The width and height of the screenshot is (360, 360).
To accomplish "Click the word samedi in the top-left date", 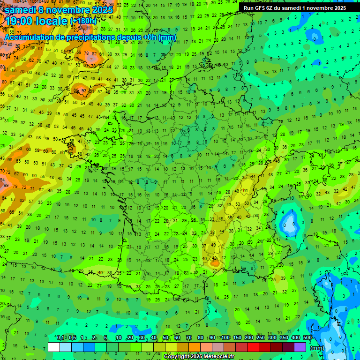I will pyautogui.click(x=20, y=10).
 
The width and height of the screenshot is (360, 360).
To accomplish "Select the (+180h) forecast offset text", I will pyautogui.click(x=83, y=21).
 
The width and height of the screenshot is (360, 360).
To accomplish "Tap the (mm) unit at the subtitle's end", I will pyautogui.click(x=167, y=37).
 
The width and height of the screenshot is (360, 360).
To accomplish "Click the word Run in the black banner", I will pyautogui.click(x=249, y=7).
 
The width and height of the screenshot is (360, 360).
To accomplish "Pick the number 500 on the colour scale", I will pyautogui.click(x=307, y=338).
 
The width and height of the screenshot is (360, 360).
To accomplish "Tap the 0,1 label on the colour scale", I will pyautogui.click(x=60, y=338).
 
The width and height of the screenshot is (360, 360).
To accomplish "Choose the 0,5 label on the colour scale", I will pyautogui.click(x=72, y=338).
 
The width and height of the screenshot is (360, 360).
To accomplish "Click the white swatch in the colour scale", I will pyautogui.click(x=54, y=347).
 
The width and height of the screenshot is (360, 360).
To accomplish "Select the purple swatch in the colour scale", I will pyautogui.click(x=300, y=347).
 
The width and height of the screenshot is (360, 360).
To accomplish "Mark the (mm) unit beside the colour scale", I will pyautogui.click(x=317, y=348).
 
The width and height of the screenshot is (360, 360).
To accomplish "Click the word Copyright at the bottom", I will pyautogui.click(x=176, y=357).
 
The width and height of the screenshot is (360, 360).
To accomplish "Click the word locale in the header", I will pyautogui.click(x=52, y=21).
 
